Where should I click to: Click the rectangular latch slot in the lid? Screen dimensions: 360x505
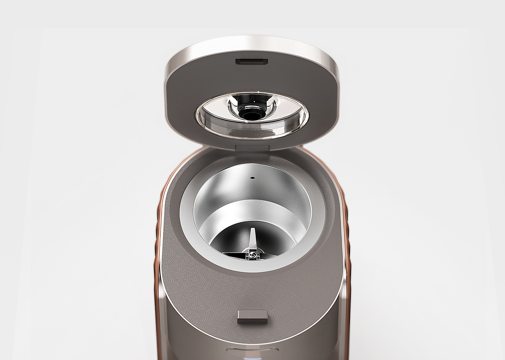point(252,62)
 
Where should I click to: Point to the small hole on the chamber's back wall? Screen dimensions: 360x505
point(252,178)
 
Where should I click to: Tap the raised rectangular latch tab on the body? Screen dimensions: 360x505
point(252,316)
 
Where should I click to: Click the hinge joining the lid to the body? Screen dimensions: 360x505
point(252,148)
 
